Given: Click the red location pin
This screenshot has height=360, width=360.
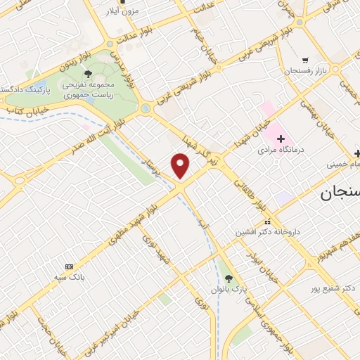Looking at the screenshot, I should (181, 166).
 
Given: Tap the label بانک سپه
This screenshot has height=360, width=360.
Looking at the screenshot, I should (70, 278).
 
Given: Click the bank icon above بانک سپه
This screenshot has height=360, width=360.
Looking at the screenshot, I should (69, 267).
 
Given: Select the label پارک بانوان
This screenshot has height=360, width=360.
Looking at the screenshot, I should (226, 289).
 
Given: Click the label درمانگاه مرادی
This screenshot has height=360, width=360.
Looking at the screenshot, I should (278, 150).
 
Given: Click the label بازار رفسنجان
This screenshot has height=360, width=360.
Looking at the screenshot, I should (303, 72).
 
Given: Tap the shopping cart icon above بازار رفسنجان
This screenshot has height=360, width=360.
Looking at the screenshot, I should (305, 60).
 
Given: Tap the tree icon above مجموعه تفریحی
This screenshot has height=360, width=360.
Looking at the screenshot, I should (88, 73).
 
